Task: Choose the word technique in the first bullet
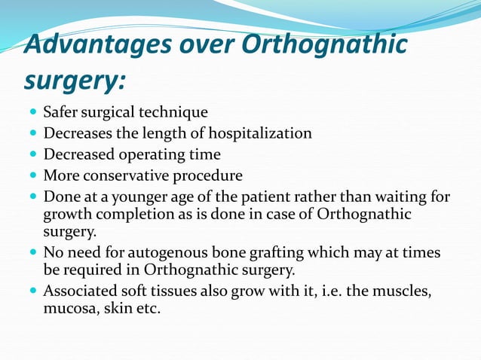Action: (x=176, y=113)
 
